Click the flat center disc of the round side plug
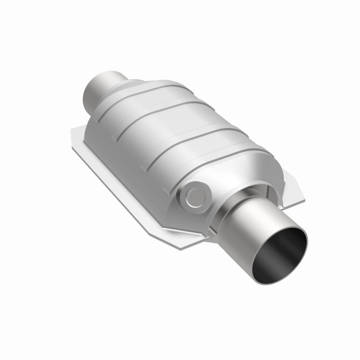click(x=195, y=195)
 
